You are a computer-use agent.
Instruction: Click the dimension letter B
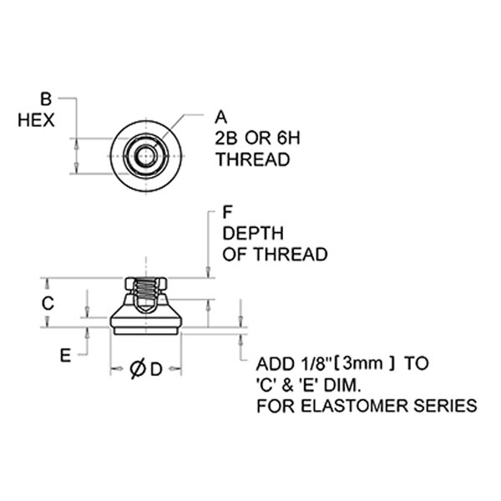coord(46,99)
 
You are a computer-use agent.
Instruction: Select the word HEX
coord(36,120)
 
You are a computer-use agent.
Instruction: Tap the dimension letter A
coord(220,117)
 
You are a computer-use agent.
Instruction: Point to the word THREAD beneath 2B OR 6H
coord(253,159)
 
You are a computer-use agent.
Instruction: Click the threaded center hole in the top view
coord(146,156)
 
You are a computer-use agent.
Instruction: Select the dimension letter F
coord(227,212)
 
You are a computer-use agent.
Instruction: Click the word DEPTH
coord(253,233)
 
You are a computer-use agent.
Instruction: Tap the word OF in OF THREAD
coord(235,255)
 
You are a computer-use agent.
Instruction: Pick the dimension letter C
coord(48,303)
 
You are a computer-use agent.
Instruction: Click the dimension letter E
coord(65,355)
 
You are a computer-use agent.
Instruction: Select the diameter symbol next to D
coord(138,369)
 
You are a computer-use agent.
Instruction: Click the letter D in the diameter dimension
coord(156,370)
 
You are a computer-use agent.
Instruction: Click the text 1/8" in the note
coord(315,364)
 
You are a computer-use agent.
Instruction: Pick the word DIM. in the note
coord(342,385)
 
